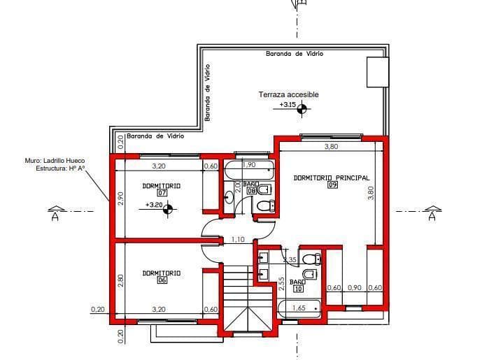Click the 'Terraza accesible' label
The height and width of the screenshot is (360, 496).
point(288,94)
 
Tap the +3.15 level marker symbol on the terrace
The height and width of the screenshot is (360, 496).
point(302,108)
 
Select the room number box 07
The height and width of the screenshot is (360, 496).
point(162,193)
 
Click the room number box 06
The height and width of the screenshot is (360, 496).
point(162,280)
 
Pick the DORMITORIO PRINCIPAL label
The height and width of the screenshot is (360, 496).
point(332,178)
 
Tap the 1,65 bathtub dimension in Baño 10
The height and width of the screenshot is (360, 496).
point(298,307)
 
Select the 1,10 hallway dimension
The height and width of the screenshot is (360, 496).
point(237,240)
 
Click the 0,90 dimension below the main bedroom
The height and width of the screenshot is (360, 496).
point(355,287)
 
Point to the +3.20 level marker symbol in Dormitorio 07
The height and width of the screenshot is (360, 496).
point(167,208)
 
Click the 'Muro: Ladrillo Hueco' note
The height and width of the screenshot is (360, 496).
point(55,160)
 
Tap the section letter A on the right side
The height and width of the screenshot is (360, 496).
point(432,217)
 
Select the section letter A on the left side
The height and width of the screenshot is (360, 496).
point(55,217)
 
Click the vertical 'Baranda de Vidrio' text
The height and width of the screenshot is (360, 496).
point(207,92)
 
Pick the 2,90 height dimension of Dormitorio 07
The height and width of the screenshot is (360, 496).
point(120,199)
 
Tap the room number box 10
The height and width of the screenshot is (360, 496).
point(298,288)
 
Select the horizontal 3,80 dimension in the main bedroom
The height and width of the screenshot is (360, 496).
point(332,147)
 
